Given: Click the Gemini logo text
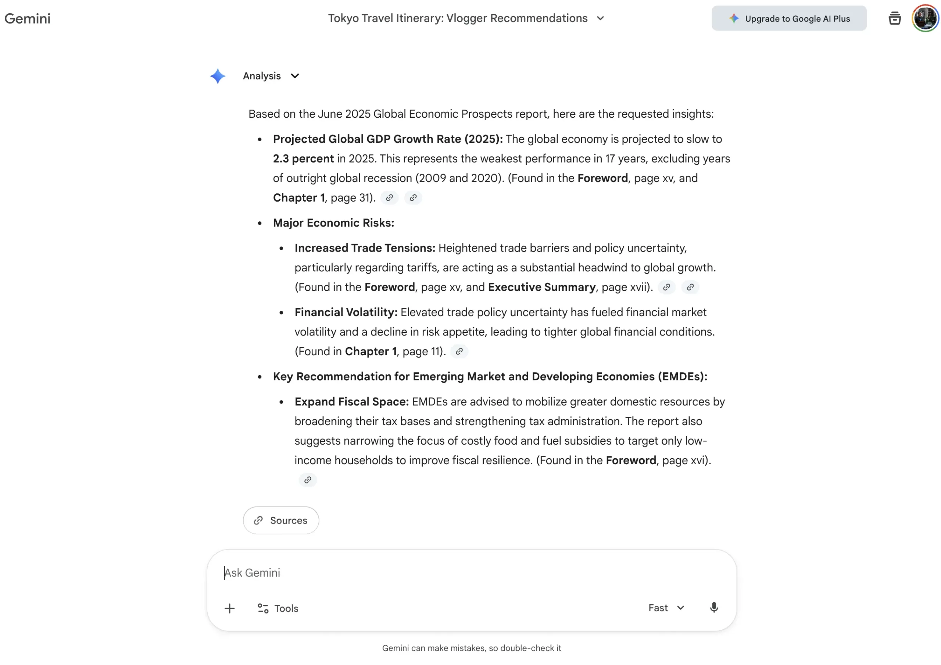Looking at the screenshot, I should [28, 18].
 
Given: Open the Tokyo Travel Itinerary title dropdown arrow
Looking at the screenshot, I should [600, 18].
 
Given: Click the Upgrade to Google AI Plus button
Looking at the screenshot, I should [789, 18].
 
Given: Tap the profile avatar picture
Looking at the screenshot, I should [925, 18].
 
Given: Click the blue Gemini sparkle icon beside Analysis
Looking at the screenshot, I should [218, 76].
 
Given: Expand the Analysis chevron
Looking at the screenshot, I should [295, 76].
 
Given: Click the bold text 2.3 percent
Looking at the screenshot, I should [303, 159].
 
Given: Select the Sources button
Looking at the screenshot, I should [281, 520].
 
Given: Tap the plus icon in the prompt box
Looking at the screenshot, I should [229, 608].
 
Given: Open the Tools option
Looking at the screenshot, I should [278, 608].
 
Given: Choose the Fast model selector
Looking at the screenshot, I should [666, 608].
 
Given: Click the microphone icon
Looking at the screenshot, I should [713, 608].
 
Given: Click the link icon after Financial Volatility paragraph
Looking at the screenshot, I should [459, 351].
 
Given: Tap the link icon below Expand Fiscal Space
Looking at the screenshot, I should [307, 480].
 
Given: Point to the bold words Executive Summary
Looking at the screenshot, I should [541, 287].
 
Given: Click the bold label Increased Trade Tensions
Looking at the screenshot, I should [365, 248].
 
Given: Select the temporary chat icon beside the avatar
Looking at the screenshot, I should [894, 18].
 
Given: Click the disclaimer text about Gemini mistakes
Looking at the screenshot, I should [471, 648].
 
